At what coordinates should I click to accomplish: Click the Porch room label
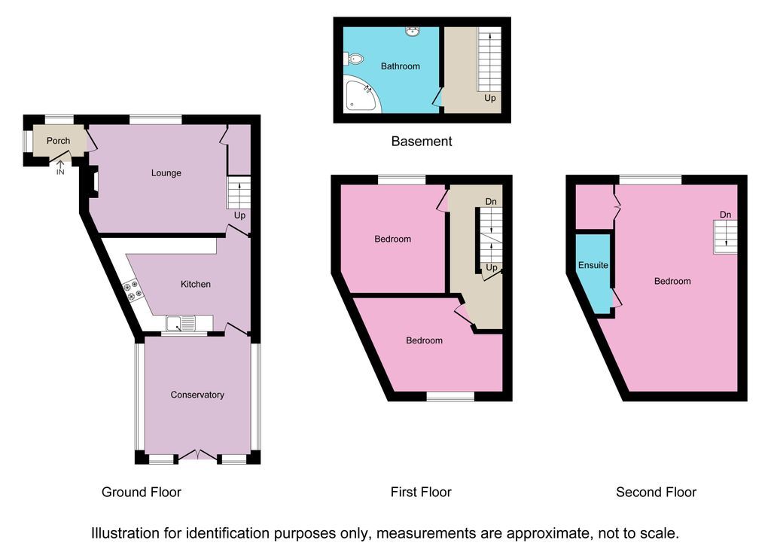(x=58, y=141)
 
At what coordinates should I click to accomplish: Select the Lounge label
(x=166, y=173)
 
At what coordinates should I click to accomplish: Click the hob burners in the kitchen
(x=133, y=291)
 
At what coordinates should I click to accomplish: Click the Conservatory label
(x=197, y=395)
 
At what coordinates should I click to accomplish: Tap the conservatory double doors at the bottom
(x=197, y=456)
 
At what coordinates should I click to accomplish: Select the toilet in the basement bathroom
(x=353, y=59)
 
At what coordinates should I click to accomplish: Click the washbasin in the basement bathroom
(x=412, y=32)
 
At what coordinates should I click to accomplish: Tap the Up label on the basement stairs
(x=489, y=99)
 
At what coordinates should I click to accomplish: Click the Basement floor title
(x=422, y=141)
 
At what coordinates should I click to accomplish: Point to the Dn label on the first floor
(x=490, y=202)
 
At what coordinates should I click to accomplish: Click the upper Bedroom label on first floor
(x=393, y=239)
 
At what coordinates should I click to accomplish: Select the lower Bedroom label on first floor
(x=424, y=340)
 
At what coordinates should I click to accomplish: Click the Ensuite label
(x=593, y=266)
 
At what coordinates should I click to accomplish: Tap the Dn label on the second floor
(x=725, y=215)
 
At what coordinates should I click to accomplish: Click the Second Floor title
(x=656, y=493)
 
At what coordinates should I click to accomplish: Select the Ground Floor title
(x=142, y=493)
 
